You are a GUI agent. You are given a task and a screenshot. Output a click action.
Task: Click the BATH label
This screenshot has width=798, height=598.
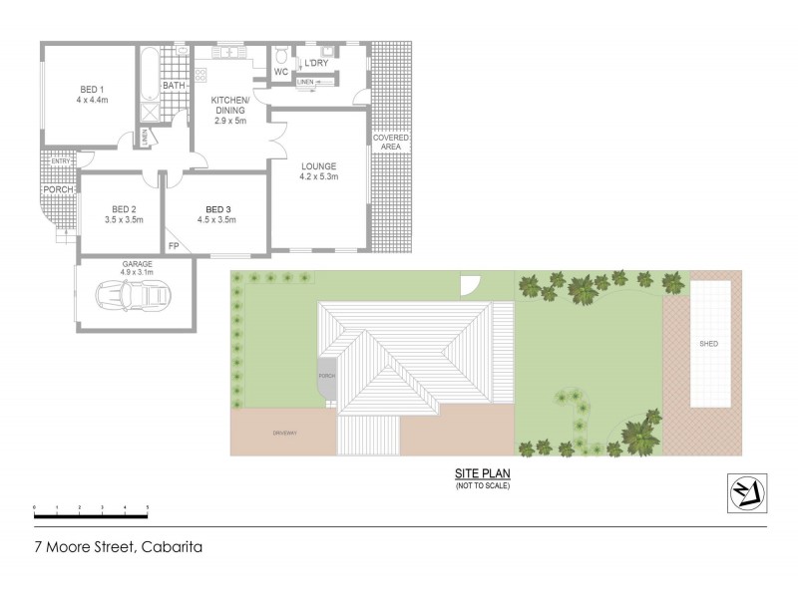point(175,86)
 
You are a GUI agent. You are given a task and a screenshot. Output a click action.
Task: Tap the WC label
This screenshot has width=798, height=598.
point(281,72)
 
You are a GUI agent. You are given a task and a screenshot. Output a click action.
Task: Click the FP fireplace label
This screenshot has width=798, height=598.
point(174,245)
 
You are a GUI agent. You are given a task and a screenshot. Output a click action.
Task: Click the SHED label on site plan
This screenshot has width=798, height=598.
point(708,344)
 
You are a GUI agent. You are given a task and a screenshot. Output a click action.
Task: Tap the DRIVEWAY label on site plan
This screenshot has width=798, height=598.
point(286,432)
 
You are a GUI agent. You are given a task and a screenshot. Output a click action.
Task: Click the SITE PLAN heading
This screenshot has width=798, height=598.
point(484,475)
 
